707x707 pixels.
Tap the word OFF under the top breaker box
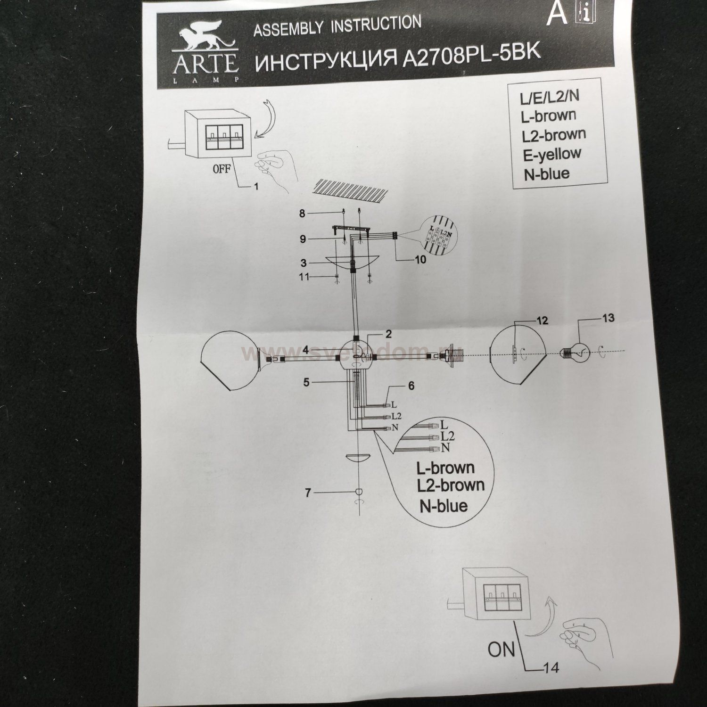pos(221,169)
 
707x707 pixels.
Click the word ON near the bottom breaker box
pos(501,649)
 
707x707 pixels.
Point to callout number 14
pos(551,668)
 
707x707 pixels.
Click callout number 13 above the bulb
pos(608,318)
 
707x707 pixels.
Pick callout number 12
pos(543,321)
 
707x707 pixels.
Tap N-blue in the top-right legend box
pos(546,174)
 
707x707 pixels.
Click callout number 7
pos(308,493)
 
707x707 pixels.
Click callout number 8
pos(302,214)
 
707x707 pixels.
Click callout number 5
pos(306,382)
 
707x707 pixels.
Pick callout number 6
pos(411,386)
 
